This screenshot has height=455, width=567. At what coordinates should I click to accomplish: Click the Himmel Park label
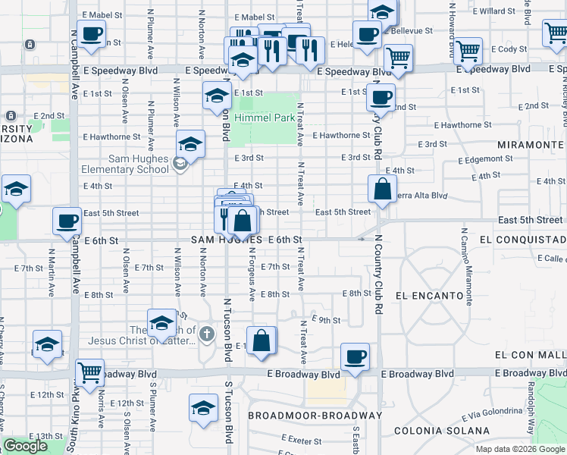coord(264,118)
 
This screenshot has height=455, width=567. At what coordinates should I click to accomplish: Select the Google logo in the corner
coord(25,446)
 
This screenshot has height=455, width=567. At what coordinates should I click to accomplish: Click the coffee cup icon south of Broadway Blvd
coord(354,357)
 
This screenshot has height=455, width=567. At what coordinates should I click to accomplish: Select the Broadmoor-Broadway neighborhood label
coord(315,416)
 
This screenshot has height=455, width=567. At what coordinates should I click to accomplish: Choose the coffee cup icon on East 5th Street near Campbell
coord(67,221)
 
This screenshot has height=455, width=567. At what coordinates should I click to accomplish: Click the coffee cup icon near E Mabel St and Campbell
coord(91,35)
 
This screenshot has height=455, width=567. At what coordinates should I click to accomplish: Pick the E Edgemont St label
coord(486,159)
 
